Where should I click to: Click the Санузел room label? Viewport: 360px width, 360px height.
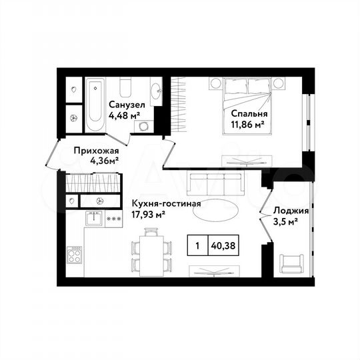125,103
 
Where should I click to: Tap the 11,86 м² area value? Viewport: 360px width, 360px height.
245,123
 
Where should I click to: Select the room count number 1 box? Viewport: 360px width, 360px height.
197,245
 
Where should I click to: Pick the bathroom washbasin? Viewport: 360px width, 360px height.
156,92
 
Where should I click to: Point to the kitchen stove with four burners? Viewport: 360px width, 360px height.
74,256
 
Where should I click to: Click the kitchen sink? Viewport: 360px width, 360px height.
94,217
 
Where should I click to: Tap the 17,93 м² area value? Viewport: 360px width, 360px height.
148,214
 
